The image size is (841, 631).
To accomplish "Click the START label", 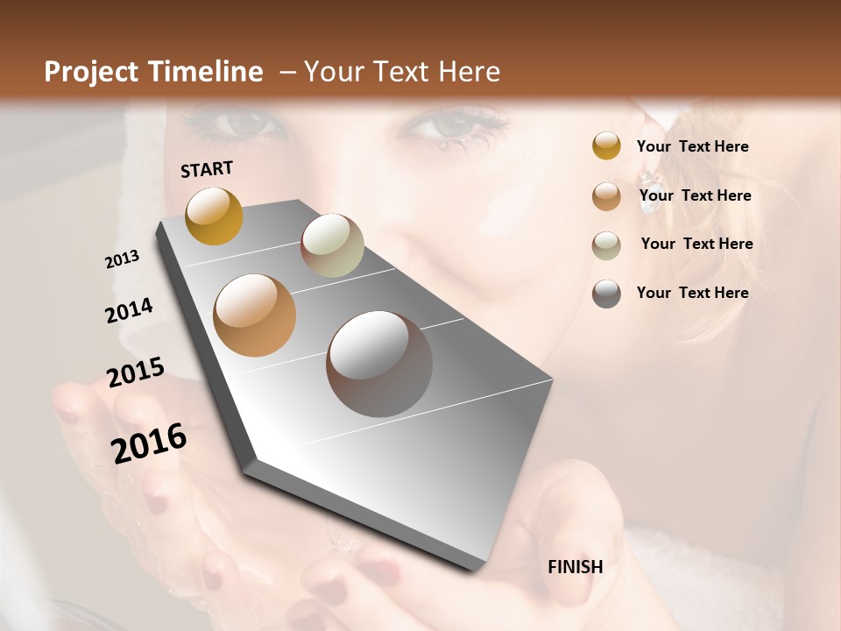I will point(207,169).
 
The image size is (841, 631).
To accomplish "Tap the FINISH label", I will point(575,567).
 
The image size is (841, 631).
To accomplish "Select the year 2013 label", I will point(122,259).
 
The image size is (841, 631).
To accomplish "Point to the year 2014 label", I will point(129,311).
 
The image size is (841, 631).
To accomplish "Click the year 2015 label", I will point(135,372).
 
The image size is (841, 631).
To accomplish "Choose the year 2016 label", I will point(148,443).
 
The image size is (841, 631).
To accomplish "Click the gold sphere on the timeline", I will point(214,216).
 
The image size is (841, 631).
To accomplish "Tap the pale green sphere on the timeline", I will point(332,245).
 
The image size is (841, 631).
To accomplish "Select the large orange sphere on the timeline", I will point(254,315).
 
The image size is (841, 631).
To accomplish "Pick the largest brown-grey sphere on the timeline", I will point(379,364).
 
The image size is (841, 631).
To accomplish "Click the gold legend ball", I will point(606,146).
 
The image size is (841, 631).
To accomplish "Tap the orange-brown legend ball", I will point(606,196).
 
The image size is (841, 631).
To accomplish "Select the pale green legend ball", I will point(606,245).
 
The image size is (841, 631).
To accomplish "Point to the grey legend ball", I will point(606,294).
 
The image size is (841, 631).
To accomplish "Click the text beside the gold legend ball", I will point(692,146).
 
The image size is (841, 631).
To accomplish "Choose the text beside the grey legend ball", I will point(692,293).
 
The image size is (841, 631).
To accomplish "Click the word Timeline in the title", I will point(201,72).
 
